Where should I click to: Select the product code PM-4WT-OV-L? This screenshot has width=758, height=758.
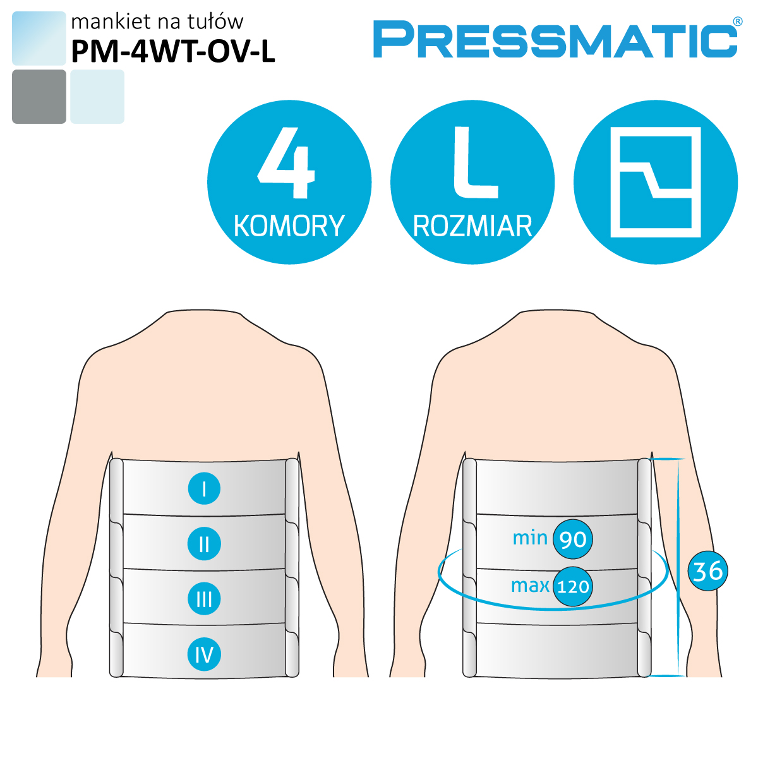pyautogui.click(x=172, y=52)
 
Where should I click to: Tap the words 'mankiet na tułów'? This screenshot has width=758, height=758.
pyautogui.click(x=157, y=21)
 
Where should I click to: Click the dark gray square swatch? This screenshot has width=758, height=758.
pyautogui.click(x=39, y=97)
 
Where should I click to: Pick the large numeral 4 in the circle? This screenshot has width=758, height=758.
pyautogui.click(x=286, y=162)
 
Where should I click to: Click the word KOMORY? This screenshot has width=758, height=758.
pyautogui.click(x=289, y=226)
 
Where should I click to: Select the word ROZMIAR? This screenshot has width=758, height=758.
pyautogui.click(x=472, y=227)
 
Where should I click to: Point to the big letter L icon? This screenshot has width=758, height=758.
pyautogui.click(x=476, y=162)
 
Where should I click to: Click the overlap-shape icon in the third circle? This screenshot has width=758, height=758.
pyautogui.click(x=656, y=182)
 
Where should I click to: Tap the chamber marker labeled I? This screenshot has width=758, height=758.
pyautogui.click(x=204, y=488)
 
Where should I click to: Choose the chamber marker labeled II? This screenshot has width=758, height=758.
pyautogui.click(x=204, y=544)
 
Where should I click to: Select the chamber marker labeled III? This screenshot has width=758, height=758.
pyautogui.click(x=204, y=599)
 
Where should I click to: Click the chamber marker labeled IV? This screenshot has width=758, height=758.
pyautogui.click(x=204, y=654)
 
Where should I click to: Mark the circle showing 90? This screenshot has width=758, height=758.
pyautogui.click(x=573, y=539)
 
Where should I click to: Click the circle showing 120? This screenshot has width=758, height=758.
pyautogui.click(x=573, y=586)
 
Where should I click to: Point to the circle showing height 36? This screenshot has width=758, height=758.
pyautogui.click(x=708, y=571)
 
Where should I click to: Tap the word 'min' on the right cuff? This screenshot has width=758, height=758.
pyautogui.click(x=530, y=538)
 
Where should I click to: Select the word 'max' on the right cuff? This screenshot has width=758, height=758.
pyautogui.click(x=530, y=586)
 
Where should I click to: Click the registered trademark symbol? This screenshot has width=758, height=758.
pyautogui.click(x=738, y=21)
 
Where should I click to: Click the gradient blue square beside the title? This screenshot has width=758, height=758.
pyautogui.click(x=39, y=38)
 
